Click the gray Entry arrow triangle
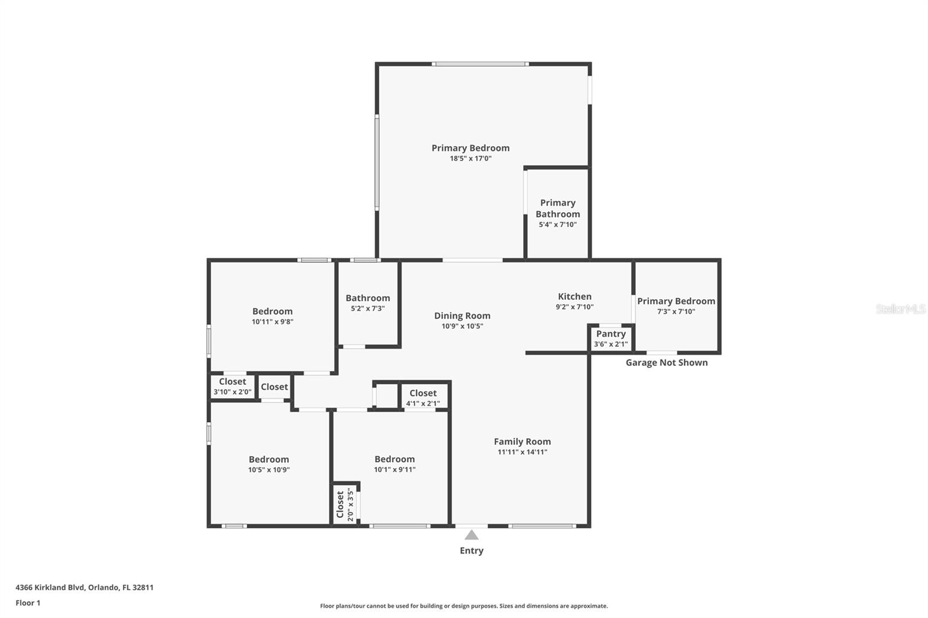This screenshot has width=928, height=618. (472, 535)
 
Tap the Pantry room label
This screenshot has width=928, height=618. (611, 334)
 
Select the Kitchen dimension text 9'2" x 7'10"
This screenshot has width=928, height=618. (574, 307)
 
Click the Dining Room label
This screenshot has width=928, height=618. (462, 316)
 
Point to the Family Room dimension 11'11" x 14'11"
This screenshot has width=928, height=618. (522, 452)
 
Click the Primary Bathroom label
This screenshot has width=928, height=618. (557, 208)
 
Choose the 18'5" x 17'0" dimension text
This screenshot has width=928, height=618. (470, 158)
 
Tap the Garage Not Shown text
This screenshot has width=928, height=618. (666, 363)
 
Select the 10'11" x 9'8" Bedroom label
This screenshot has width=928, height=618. (272, 311)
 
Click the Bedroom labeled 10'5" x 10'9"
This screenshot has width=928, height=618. (269, 459)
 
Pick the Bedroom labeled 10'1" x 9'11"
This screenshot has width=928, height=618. (394, 459)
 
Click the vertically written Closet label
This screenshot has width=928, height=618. (340, 504)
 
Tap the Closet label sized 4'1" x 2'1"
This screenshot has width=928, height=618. (423, 393)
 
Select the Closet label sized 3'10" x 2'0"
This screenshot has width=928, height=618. (232, 381)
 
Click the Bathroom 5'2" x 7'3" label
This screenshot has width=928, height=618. (368, 298)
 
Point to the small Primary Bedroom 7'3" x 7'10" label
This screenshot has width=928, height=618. (676, 301)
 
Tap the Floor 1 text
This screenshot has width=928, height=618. (28, 603)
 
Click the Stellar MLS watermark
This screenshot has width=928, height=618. (900, 309)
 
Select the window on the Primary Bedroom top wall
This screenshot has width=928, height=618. (480, 64)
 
